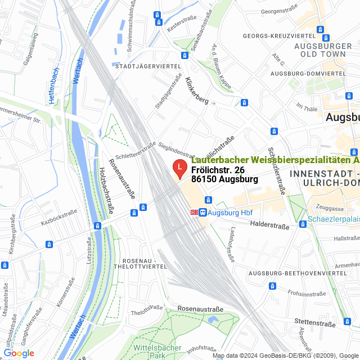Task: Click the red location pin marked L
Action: pyautogui.click(x=179, y=167)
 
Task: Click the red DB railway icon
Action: pyautogui.click(x=195, y=213)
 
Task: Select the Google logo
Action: pyautogui.click(x=19, y=353)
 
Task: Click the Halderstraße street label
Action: pyautogui.click(x=269, y=226)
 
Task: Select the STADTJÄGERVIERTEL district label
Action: pyautogui.click(x=147, y=66)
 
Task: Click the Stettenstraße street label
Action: pyautogui.click(x=314, y=323)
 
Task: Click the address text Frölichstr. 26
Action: pyautogui.click(x=218, y=170)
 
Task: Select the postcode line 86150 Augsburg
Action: pyautogui.click(x=224, y=179)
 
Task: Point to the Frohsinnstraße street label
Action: pyautogui.click(x=307, y=292)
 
